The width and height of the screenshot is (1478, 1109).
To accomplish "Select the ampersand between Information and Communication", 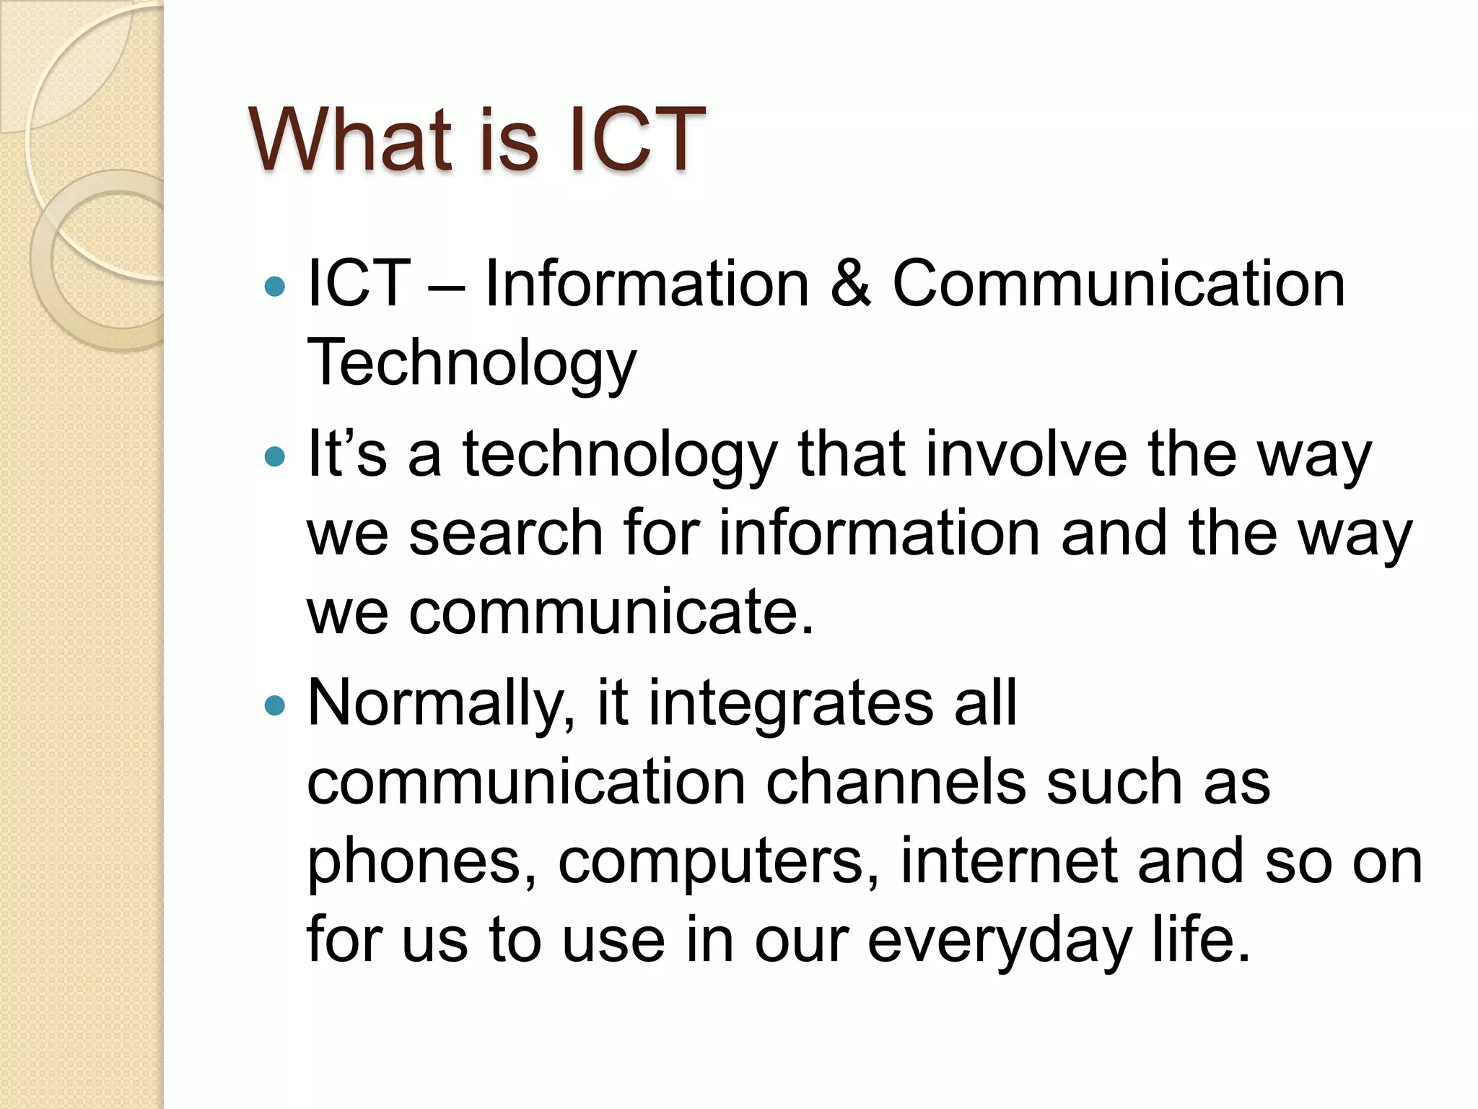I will click(x=851, y=284).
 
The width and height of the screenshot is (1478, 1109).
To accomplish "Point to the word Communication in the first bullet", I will click(x=1119, y=284).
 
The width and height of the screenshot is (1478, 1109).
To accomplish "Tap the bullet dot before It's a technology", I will click(x=275, y=456).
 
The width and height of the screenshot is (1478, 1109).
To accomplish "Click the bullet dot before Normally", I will click(x=275, y=705).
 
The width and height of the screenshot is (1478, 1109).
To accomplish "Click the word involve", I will click(x=1026, y=454).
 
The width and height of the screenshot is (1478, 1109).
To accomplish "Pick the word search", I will click(x=506, y=534).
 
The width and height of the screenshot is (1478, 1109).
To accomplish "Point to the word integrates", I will click(x=790, y=704).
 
